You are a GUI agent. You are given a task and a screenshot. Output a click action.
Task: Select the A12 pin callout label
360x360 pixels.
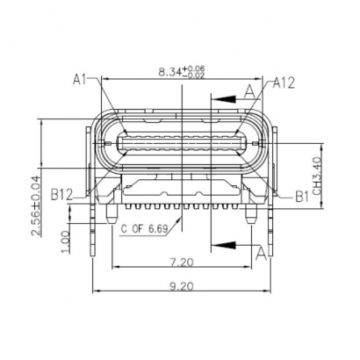click(x=284, y=83)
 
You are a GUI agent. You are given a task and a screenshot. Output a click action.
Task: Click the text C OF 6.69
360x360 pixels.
click(x=146, y=229)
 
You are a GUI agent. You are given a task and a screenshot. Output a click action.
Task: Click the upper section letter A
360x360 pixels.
click(x=251, y=90)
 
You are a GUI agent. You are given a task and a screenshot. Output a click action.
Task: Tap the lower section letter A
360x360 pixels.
click(x=261, y=252)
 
